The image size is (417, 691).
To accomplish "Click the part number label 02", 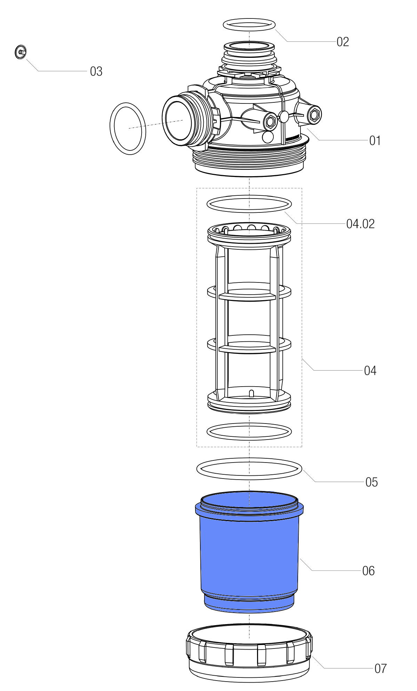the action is point(343,42).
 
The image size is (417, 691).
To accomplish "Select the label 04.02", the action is point(360,224).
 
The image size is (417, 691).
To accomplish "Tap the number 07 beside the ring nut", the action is point(380,668).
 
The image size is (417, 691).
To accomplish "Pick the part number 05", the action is point(371,482).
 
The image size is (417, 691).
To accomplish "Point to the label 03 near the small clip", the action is point(96,71).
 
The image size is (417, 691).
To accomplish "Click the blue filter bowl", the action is point(249,552).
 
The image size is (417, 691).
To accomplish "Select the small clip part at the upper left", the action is point(21,52).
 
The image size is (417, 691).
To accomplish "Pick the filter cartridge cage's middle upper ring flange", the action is point(249,291).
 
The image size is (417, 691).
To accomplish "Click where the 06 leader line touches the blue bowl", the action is point(300,558).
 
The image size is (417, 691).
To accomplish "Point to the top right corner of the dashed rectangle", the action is point(302,188).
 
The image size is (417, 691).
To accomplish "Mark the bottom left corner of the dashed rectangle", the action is point(197,447).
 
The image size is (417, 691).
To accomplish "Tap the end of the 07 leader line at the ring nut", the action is point(312,655).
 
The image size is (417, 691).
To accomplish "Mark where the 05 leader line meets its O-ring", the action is point(302,470).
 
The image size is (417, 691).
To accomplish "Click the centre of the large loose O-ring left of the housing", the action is point(128,129).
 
